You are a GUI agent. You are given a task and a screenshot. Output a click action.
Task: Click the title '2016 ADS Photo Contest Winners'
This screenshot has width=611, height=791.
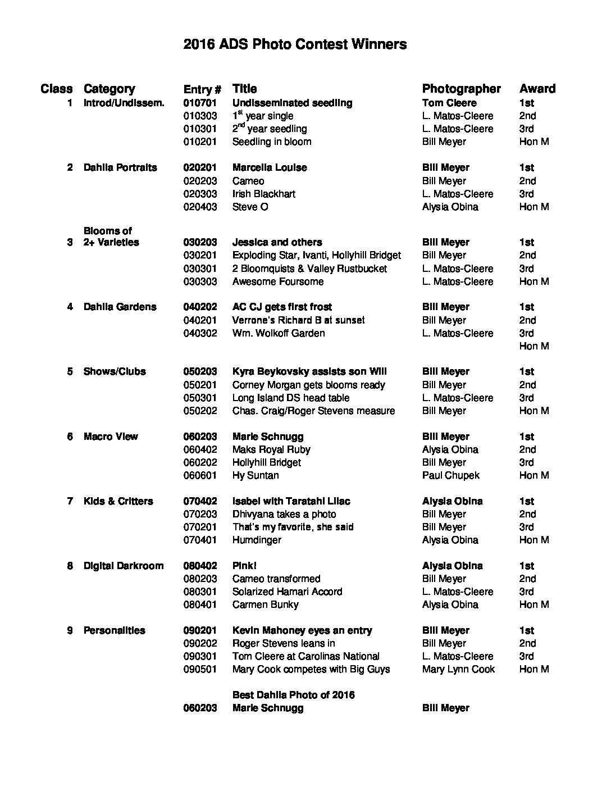point(295,44)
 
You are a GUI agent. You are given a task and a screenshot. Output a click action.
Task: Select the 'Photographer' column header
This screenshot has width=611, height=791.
point(461,89)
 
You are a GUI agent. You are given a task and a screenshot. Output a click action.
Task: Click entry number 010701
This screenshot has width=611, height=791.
point(200,103)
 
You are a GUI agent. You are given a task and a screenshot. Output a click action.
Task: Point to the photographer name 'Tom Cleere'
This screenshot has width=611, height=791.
point(449,103)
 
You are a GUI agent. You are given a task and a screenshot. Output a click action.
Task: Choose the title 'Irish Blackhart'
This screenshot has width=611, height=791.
point(263,194)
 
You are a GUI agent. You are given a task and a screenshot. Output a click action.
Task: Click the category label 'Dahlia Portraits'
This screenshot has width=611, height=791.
point(120,167)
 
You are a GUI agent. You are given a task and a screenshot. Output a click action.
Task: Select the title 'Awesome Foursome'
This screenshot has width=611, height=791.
point(278,281)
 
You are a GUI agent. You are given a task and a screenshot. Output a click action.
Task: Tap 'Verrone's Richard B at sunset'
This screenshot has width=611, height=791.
point(298,320)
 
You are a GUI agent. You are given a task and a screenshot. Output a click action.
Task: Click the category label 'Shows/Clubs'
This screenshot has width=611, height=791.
point(115,371)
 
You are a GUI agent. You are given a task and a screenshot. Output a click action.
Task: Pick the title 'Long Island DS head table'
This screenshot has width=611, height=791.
point(290,398)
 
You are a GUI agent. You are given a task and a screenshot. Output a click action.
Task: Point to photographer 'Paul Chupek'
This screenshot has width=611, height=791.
point(451,475)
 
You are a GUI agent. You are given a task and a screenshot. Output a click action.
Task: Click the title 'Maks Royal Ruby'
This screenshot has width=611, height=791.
point(271,449)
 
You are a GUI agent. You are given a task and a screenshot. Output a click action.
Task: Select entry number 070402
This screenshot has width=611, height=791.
point(200,501)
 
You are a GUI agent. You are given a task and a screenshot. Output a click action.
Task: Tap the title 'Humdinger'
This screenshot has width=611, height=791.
point(257,540)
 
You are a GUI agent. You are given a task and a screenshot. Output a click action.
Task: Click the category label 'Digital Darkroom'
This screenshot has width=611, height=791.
point(124,566)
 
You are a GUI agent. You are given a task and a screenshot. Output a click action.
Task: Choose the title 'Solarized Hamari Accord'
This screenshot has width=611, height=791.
point(287,592)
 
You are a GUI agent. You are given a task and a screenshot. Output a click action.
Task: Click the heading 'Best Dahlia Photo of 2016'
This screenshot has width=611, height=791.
point(293,695)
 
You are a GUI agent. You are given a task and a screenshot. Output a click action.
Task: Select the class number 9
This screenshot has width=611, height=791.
point(70,630)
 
